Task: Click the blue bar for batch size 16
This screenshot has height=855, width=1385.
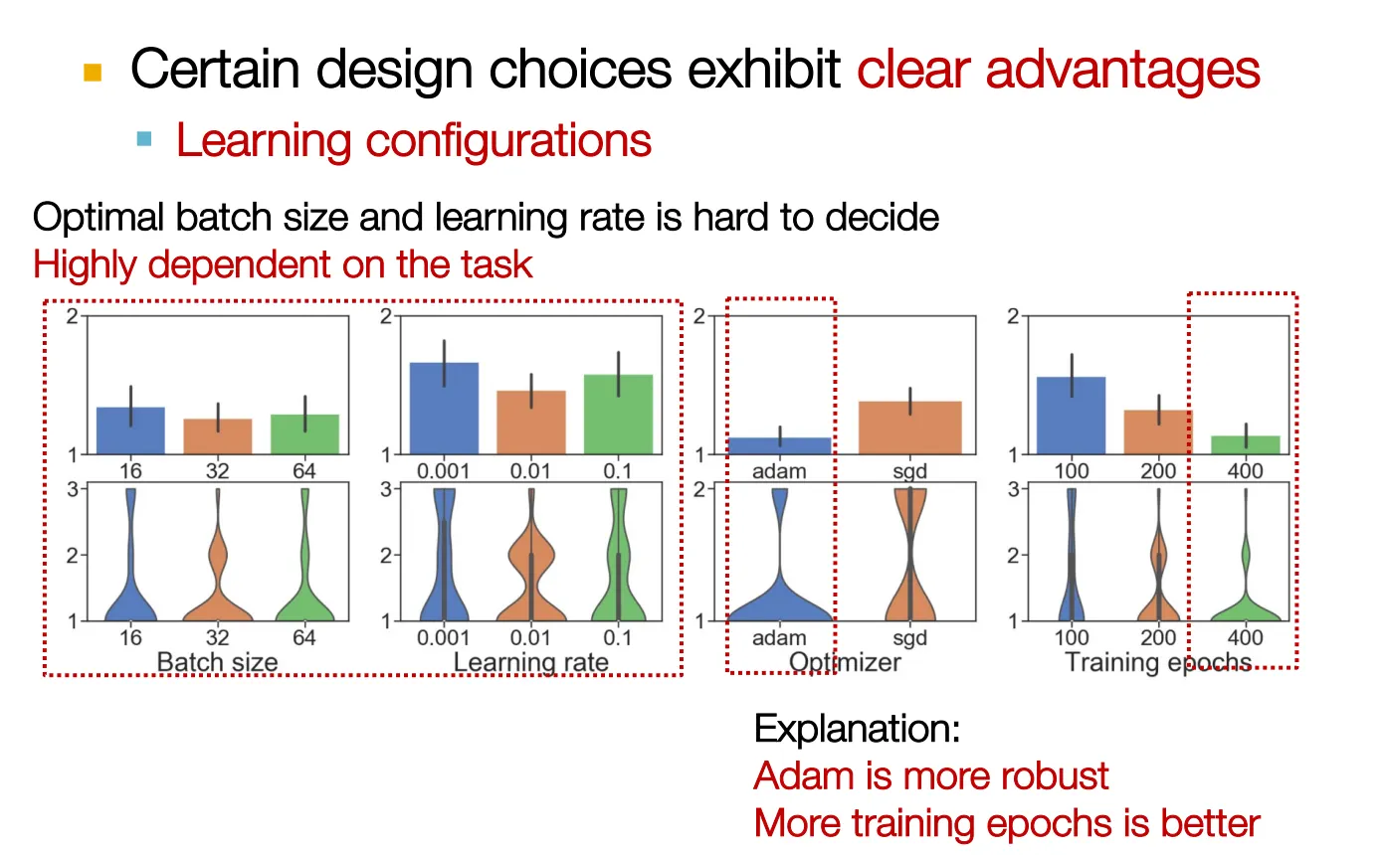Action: point(130,431)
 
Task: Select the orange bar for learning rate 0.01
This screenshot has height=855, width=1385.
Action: point(530,423)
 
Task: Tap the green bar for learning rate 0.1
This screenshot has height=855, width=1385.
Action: point(618,415)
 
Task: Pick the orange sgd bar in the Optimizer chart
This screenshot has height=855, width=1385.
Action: point(909,427)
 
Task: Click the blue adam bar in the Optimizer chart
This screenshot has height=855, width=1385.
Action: point(780,446)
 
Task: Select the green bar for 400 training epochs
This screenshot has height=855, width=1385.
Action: point(1246,445)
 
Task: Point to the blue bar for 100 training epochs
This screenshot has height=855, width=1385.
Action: point(1072,416)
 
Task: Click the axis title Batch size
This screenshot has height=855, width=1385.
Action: point(217,662)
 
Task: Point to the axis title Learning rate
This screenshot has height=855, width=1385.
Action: point(530,662)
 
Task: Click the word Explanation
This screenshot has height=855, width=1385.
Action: point(857,729)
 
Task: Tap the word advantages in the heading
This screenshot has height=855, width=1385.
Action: point(1122,70)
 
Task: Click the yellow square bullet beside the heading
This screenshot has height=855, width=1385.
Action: point(94,72)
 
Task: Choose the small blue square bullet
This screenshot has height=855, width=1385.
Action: point(144,139)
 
